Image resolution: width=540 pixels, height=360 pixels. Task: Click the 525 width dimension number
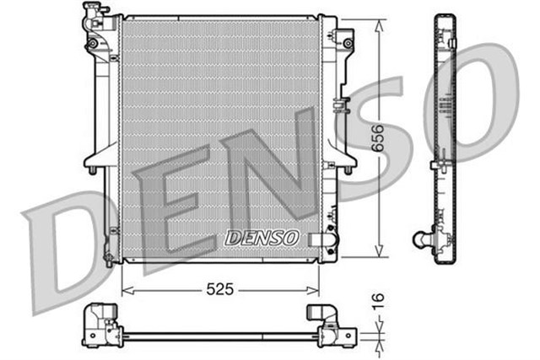click(x=219, y=288)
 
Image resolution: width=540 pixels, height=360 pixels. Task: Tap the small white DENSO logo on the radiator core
click(x=262, y=239)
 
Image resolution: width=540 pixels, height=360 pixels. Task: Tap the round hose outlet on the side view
click(x=418, y=239)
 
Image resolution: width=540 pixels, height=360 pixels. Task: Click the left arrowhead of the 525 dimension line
click(x=127, y=289)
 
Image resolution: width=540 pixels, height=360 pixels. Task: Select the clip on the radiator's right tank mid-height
click(x=339, y=106)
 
